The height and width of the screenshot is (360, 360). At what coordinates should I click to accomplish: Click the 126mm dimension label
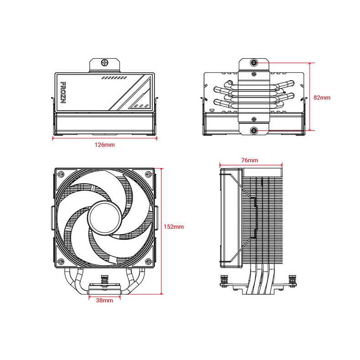(104, 145)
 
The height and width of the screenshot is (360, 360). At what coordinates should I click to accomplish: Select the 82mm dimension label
(322, 97)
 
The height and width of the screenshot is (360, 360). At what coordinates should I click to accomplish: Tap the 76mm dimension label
(250, 160)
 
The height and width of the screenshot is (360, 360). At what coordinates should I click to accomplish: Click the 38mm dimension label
(104, 301)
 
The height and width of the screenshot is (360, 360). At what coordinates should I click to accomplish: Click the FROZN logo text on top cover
(63, 93)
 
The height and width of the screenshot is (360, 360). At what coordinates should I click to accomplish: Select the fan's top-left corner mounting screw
(60, 175)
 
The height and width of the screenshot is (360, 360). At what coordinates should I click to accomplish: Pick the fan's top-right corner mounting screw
(148, 175)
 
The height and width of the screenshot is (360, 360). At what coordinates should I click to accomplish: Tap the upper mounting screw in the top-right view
(254, 62)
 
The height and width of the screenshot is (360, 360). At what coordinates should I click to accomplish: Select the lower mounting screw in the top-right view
(254, 131)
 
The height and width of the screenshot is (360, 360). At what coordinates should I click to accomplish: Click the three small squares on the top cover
(141, 106)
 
